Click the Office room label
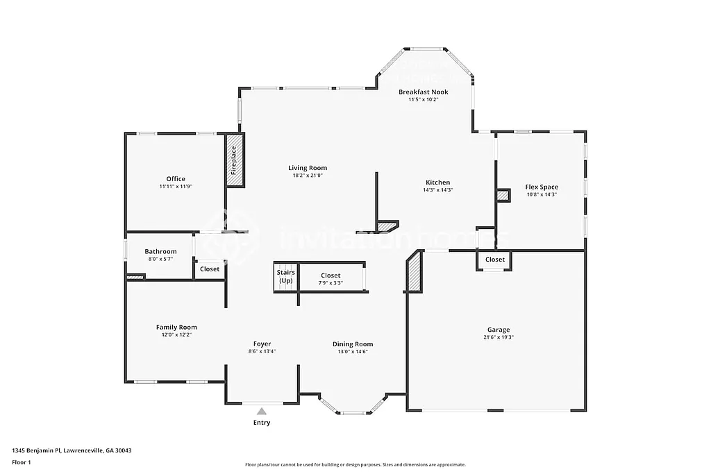176,179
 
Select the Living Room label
308,168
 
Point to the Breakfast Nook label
423,92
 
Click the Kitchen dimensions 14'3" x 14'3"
438,190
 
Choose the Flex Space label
542,187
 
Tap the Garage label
498,330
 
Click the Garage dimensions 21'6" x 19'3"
498,337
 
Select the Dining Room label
353,344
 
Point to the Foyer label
262,344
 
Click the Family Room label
176,328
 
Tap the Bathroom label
160,251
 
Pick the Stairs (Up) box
285,277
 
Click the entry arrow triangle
262,411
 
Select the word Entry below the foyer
262,423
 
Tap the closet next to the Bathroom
210,269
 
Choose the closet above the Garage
495,260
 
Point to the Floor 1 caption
22,462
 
